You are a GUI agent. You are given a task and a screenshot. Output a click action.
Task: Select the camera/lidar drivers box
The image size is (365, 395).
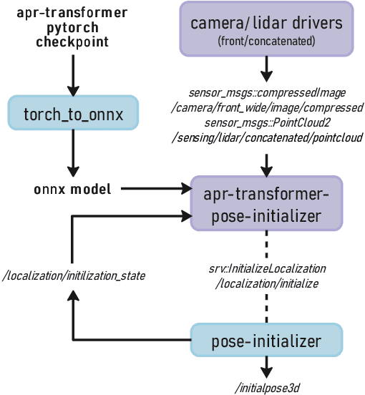(266, 29)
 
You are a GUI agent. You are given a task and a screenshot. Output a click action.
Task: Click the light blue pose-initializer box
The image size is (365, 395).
(266, 341)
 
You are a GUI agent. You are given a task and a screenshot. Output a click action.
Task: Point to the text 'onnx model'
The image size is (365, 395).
(72, 190)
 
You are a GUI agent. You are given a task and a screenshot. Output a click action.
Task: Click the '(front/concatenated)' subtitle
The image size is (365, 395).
(266, 42)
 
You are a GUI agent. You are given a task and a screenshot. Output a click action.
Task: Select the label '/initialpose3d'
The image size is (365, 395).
(266, 388)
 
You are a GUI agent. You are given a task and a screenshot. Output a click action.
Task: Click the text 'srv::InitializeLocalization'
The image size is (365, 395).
(266, 268)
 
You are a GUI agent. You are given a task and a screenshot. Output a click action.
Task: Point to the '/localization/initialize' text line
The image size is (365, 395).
(266, 283)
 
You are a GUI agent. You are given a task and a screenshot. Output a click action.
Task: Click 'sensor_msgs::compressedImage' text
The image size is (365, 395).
(266, 94)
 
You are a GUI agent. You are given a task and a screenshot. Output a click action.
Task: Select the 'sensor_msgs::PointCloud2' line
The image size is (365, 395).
(266, 122)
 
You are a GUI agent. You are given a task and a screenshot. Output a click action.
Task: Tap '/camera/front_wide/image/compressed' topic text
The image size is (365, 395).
(266, 108)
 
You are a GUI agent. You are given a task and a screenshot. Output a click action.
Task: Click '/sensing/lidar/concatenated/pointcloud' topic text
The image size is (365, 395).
(266, 137)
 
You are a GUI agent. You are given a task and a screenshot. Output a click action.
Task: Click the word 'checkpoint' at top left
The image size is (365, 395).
(72, 42)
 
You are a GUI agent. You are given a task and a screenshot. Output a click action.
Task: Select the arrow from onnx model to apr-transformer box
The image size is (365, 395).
(157, 190)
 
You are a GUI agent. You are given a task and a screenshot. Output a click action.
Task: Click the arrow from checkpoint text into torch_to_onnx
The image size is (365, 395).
(72, 72)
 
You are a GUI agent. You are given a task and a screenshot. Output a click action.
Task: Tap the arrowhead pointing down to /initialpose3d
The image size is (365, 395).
(266, 373)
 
